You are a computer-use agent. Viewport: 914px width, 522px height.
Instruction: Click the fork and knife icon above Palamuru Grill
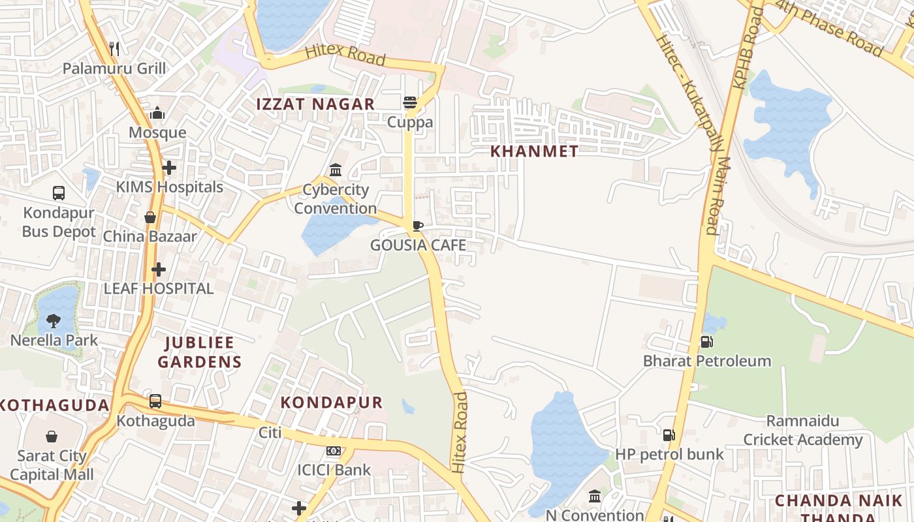point(114,48)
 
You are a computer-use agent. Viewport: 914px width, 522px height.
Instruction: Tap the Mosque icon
point(157,114)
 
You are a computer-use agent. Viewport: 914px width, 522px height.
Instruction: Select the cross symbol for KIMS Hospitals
point(169,168)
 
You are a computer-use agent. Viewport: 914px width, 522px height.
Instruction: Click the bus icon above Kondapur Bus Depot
point(59,193)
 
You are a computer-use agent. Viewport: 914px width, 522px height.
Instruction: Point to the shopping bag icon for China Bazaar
point(150,217)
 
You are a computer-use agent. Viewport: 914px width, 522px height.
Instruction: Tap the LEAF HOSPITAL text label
point(159,288)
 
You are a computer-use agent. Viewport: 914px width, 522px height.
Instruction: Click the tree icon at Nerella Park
point(54,320)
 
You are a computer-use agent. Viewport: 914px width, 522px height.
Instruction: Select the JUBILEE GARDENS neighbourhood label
point(200,352)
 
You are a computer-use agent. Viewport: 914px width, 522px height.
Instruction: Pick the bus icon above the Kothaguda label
point(155,401)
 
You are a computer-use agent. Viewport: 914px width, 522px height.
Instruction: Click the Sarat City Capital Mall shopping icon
point(52,437)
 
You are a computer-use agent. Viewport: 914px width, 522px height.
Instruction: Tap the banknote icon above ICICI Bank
point(334,451)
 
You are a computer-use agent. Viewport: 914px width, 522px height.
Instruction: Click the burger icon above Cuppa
point(410,102)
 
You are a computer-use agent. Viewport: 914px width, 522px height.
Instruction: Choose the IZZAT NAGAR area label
point(315,104)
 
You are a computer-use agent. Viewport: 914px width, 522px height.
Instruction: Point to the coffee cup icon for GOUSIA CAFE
point(418,226)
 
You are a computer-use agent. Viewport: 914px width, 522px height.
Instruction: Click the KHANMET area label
point(534,151)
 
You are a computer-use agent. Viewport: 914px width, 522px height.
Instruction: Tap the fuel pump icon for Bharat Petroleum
point(706,341)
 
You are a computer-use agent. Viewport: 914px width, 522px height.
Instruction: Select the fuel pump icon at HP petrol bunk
point(669,435)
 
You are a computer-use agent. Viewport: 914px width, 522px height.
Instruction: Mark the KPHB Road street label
point(746,49)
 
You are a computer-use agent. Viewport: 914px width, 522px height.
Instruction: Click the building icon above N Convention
point(595,497)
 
